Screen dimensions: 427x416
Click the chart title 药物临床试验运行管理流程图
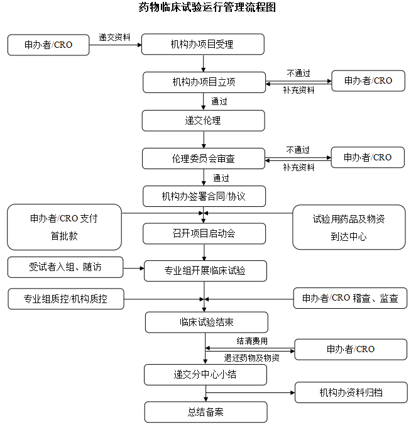[207, 8]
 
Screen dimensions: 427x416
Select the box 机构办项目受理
[202, 45]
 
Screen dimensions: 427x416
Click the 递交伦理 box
[203, 120]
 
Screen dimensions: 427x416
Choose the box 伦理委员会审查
[204, 158]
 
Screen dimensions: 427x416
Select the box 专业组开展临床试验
[205, 271]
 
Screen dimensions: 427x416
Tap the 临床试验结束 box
[206, 323]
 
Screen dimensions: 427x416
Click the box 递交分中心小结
[205, 375]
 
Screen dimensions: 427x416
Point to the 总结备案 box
[205, 413]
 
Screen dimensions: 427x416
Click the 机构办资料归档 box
[351, 393]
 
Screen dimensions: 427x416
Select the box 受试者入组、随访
[65, 267]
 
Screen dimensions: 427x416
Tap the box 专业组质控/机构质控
[65, 299]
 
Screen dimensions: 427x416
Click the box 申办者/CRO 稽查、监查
[350, 299]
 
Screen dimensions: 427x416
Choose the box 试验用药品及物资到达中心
[349, 227]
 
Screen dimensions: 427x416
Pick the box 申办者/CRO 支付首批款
[64, 227]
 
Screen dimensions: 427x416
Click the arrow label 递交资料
[115, 37]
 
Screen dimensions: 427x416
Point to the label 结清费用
[252, 341]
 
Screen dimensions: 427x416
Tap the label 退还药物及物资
[252, 358]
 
